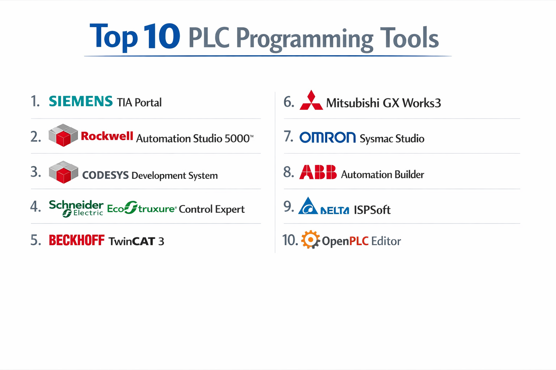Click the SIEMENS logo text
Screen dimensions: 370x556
pyautogui.click(x=81, y=101)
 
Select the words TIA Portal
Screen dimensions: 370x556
pyautogui.click(x=139, y=103)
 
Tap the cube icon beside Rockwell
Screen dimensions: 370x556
pyautogui.click(x=63, y=135)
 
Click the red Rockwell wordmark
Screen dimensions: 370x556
pyautogui.click(x=107, y=136)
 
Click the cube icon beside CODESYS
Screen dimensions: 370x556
pyautogui.click(x=63, y=172)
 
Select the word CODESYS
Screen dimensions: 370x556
pyautogui.click(x=105, y=175)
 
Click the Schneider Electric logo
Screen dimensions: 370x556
pyautogui.click(x=76, y=208)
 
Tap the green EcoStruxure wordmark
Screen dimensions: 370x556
pyautogui.click(x=142, y=208)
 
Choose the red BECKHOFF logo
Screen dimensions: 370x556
pyautogui.click(x=76, y=240)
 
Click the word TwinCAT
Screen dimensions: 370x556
pyautogui.click(x=132, y=241)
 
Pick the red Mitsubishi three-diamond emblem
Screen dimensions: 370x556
pyautogui.click(x=311, y=100)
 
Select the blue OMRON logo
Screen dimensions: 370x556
pyautogui.click(x=328, y=137)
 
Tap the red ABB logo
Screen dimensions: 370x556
pyautogui.click(x=318, y=172)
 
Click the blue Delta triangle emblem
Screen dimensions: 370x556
pyautogui.click(x=308, y=207)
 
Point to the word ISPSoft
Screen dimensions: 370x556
pyautogui.click(x=372, y=210)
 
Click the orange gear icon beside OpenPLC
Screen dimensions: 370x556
pyautogui.click(x=310, y=240)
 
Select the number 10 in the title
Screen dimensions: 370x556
pyautogui.click(x=161, y=36)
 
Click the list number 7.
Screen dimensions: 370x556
pyautogui.click(x=288, y=137)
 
